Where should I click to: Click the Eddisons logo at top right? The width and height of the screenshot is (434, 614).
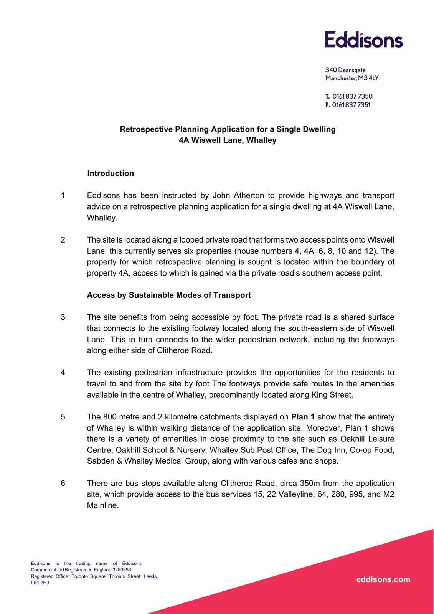364,40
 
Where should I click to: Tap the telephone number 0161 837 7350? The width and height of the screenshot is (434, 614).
352,96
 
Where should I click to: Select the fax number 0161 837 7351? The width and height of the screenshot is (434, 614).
351,105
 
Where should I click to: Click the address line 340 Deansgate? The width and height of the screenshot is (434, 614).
345,70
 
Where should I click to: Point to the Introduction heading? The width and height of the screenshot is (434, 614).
111,173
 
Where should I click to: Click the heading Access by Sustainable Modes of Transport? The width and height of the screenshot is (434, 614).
169,295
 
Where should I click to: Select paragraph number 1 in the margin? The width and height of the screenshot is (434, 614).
63,196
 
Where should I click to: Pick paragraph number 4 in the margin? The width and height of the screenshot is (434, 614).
63,373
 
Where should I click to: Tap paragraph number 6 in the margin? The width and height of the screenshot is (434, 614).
63,484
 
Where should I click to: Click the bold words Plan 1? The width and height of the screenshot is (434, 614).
302,417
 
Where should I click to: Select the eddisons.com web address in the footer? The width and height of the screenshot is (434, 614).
383,579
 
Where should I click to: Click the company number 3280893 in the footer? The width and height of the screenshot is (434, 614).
122,570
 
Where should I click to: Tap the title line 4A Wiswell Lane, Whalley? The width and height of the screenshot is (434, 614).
228,140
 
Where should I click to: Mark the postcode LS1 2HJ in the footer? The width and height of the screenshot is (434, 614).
40,583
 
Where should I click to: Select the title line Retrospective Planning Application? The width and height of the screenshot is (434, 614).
228,129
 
